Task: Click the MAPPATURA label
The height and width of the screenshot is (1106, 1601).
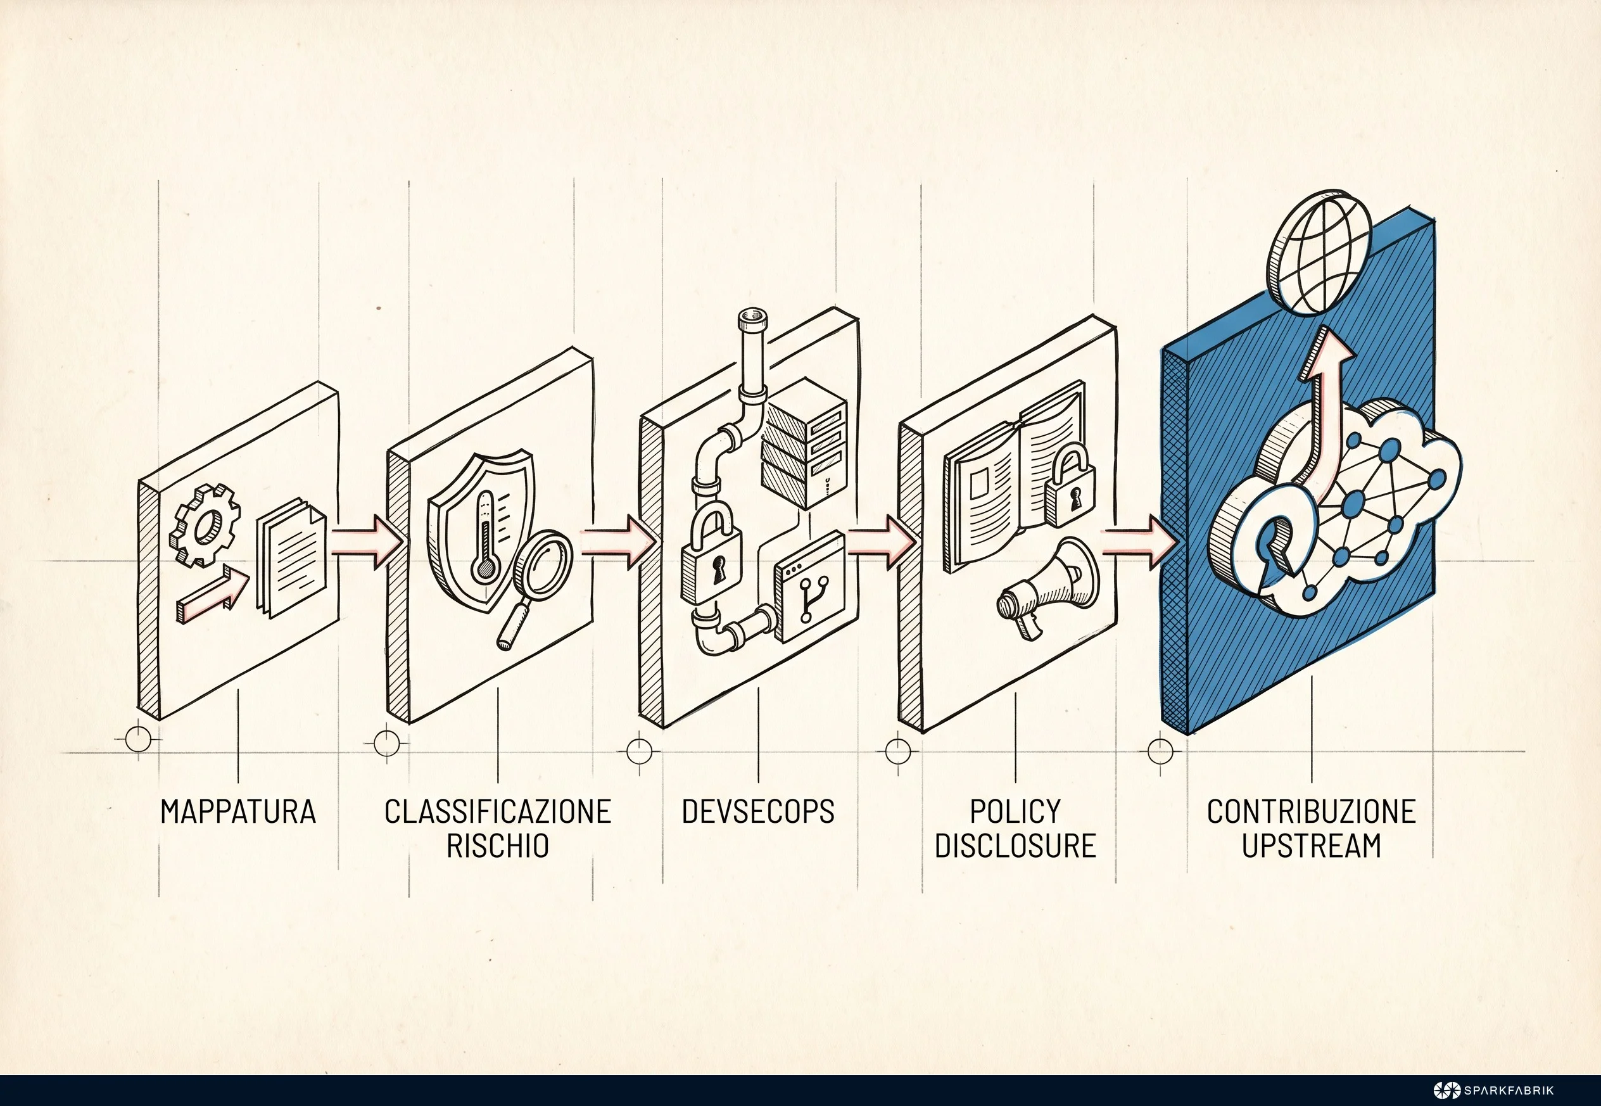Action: click(x=238, y=811)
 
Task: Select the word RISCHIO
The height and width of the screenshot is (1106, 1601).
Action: click(x=497, y=846)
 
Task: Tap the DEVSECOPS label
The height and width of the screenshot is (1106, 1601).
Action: click(x=758, y=811)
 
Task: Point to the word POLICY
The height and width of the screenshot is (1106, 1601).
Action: click(x=1015, y=811)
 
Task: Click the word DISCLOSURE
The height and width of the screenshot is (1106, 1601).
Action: click(x=1015, y=846)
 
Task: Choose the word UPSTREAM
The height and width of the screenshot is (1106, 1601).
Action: click(x=1312, y=846)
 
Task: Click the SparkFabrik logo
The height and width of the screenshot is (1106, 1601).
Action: click(x=1493, y=1090)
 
